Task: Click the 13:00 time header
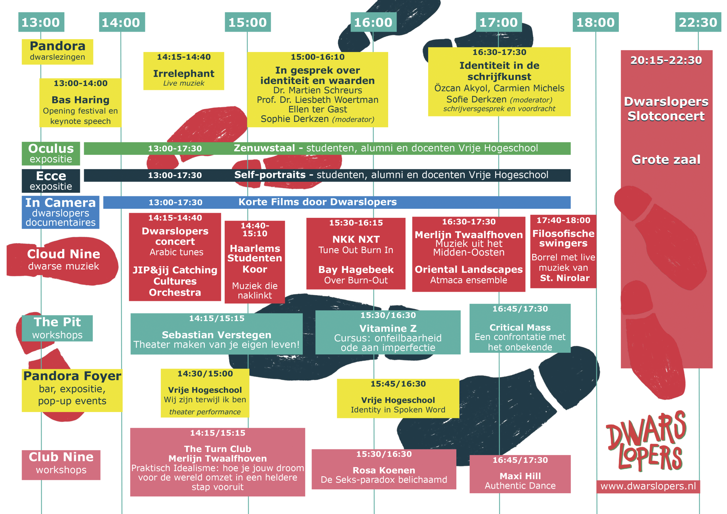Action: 41,22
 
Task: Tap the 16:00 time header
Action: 373,22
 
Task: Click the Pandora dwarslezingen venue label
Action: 57,52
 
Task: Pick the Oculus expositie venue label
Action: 51,154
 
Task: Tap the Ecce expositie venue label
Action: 51,181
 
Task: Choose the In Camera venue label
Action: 60,212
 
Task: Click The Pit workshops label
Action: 57,328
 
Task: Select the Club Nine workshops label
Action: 61,465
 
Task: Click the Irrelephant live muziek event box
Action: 184,71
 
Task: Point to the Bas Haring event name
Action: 80,100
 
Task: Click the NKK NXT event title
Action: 356,239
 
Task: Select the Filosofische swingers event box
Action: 563,251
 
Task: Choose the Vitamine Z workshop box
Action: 388,332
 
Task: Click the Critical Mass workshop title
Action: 520,327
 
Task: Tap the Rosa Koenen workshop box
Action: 384,469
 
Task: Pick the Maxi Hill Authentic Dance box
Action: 520,474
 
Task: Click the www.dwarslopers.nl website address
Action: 648,486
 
